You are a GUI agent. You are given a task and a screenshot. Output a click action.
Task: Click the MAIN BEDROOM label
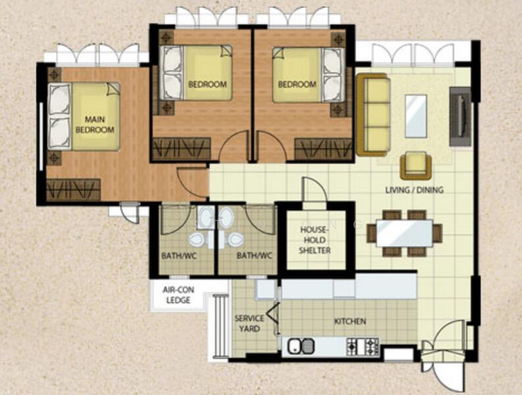(94, 125)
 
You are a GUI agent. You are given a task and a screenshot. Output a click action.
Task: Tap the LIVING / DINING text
(414, 190)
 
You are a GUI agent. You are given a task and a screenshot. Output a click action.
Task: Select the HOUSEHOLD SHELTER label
(314, 240)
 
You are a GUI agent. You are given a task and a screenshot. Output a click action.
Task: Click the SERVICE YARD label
(249, 323)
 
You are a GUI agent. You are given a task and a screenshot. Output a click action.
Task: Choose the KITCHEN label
(350, 321)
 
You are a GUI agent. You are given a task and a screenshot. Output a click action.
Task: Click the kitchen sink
(300, 345)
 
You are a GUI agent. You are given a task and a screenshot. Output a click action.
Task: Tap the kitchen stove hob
(363, 346)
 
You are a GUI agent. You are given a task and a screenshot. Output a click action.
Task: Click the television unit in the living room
(460, 117)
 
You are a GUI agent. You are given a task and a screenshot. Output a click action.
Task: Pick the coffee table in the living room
(415, 116)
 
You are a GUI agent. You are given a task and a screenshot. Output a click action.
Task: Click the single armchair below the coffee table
(415, 165)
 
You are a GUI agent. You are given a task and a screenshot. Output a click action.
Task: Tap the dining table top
(404, 233)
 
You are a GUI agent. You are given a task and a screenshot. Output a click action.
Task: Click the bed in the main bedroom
(84, 117)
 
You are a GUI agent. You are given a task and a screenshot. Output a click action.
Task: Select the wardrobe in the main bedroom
(73, 190)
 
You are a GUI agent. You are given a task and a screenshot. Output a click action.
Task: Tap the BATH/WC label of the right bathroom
(254, 255)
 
